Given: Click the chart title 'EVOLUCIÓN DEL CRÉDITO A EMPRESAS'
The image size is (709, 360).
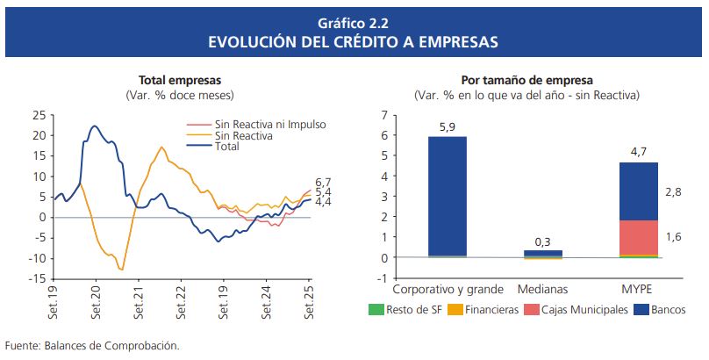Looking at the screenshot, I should click(354, 41).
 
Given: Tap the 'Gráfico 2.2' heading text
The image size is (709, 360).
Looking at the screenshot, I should click(354, 22).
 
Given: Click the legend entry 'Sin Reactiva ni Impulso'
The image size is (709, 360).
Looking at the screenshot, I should click(270, 125).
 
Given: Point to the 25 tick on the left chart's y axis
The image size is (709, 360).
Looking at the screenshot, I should click(39, 115).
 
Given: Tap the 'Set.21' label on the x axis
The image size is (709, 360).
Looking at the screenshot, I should click(140, 303).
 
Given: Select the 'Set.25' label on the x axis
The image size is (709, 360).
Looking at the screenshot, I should click(308, 303).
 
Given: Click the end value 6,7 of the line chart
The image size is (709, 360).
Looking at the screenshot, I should click(323, 182).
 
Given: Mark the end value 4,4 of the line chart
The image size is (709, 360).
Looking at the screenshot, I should click(323, 203).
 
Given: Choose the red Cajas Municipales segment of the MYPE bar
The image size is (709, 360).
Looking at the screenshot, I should click(650, 237).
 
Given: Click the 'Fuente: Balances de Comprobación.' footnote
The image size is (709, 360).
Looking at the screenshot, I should click(92, 345).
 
